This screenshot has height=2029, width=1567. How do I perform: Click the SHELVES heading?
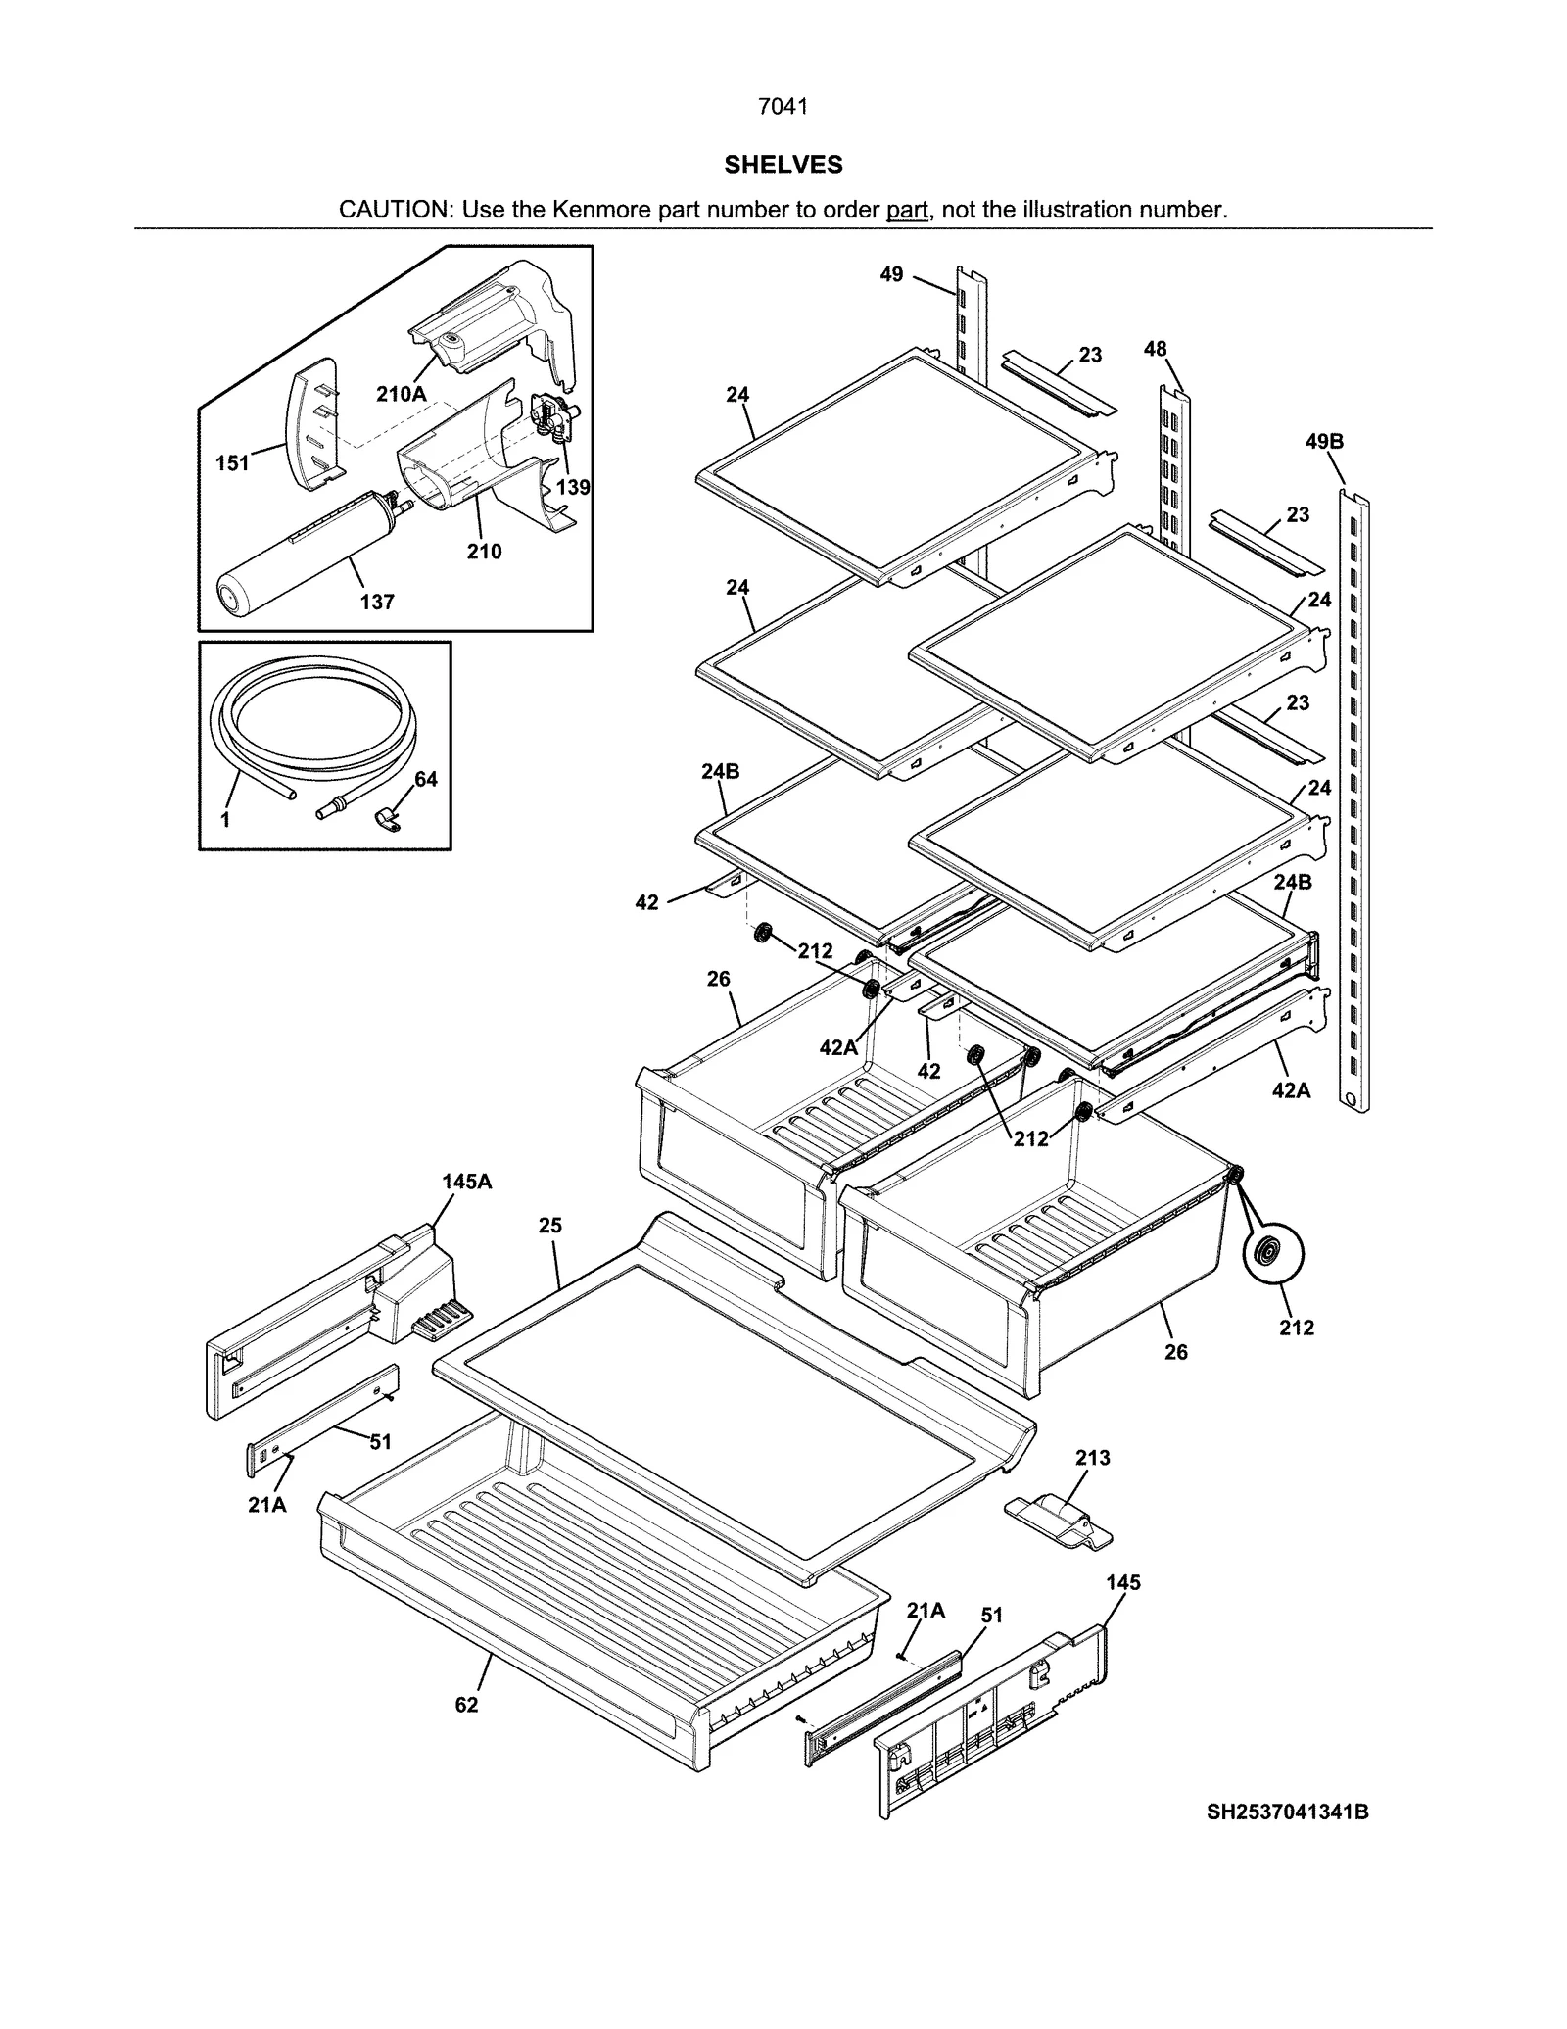point(783,165)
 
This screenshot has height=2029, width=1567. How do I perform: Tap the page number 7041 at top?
point(783,107)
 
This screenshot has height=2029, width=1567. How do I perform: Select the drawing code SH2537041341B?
point(1287,1812)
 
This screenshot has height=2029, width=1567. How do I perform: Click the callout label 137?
point(377,602)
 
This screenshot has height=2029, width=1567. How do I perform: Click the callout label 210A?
point(402,394)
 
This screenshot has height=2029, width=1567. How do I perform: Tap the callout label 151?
point(232,462)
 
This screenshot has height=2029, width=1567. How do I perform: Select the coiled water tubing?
point(313,725)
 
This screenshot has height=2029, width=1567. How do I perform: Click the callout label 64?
point(426,779)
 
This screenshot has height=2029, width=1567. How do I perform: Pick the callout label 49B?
point(1324,441)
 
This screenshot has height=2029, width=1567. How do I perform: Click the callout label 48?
point(1156,348)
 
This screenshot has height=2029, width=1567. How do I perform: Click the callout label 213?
point(1093,1458)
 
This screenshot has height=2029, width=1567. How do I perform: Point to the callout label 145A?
point(467,1182)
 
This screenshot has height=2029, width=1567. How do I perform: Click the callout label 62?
point(467,1705)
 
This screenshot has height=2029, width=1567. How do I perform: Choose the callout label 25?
point(550,1225)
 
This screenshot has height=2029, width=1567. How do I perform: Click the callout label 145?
point(1123,1582)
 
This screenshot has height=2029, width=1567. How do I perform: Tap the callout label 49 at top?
point(891,274)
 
